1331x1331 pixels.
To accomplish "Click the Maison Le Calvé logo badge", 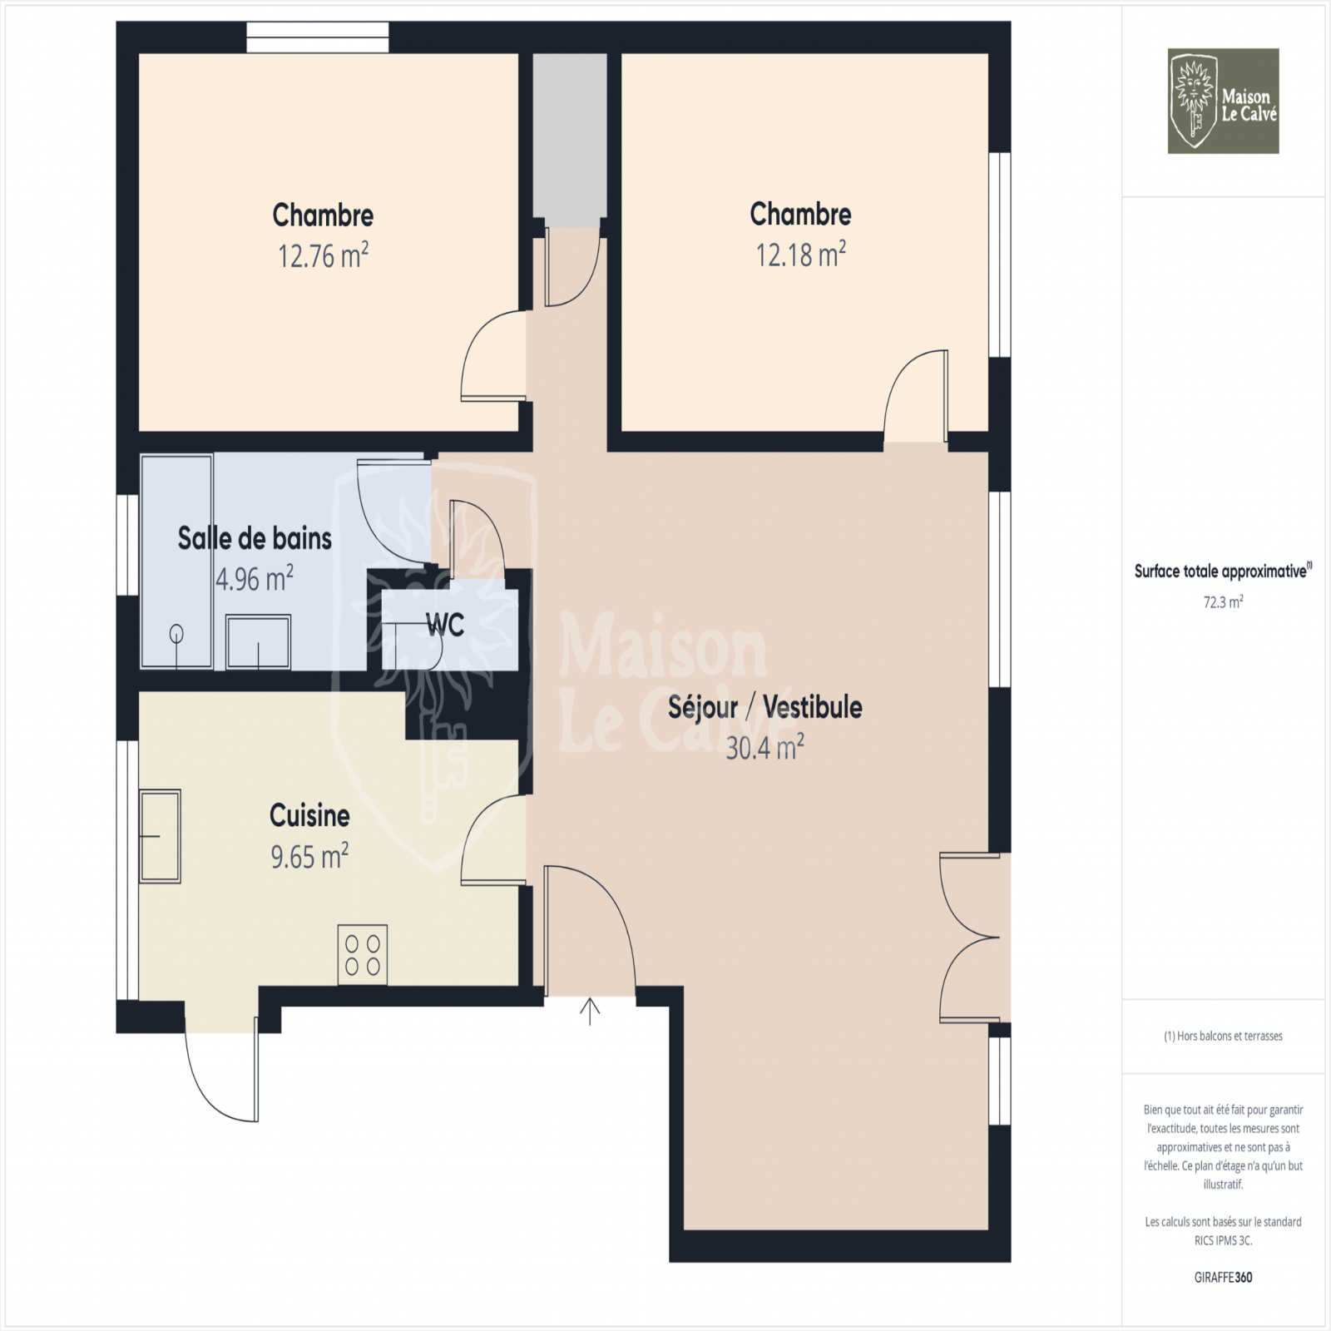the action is (1223, 101).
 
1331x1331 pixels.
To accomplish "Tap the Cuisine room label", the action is (309, 815).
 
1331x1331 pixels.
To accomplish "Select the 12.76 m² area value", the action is (323, 255).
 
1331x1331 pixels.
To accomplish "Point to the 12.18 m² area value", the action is (800, 254).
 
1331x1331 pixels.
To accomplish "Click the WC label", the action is (445, 625).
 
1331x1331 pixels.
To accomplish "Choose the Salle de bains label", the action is (255, 538).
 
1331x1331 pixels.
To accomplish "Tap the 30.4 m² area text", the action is (764, 747).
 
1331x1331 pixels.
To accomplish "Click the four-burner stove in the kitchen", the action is (363, 955).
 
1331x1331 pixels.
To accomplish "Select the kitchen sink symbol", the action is (160, 836).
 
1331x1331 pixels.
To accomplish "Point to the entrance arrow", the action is (590, 1011).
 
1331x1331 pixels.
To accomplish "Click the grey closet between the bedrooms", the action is (570, 140).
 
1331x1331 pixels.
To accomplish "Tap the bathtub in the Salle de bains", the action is (176, 561).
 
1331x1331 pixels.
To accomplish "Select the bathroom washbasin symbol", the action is (259, 641).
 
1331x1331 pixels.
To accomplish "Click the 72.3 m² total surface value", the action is (1223, 601).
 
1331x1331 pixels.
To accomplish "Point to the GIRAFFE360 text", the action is (1223, 1277).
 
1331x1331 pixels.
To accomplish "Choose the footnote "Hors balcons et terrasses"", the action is (1223, 1036).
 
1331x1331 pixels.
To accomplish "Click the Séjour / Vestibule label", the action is (764, 707).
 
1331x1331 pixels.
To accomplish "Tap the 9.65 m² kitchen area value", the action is (309, 856).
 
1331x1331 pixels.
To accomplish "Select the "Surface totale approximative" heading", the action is (1223, 571).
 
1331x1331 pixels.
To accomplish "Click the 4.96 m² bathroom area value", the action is (255, 578).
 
